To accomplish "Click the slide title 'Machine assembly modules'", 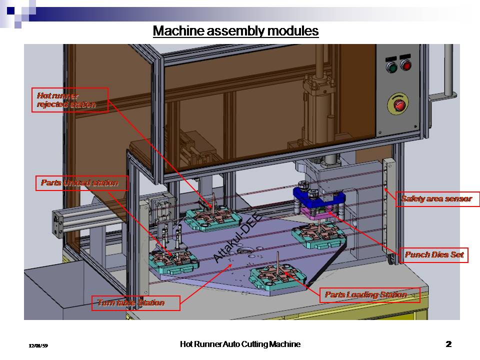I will point(235,31).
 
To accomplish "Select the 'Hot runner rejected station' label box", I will point(72,100).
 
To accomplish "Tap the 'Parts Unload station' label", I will point(81,183).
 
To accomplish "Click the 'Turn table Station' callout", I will point(135,303).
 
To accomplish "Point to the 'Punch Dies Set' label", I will point(434,255).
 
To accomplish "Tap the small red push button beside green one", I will point(405,65).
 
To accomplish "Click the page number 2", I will point(448,344).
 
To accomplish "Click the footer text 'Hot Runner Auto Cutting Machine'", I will point(240,344).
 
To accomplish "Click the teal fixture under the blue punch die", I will point(317,233).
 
